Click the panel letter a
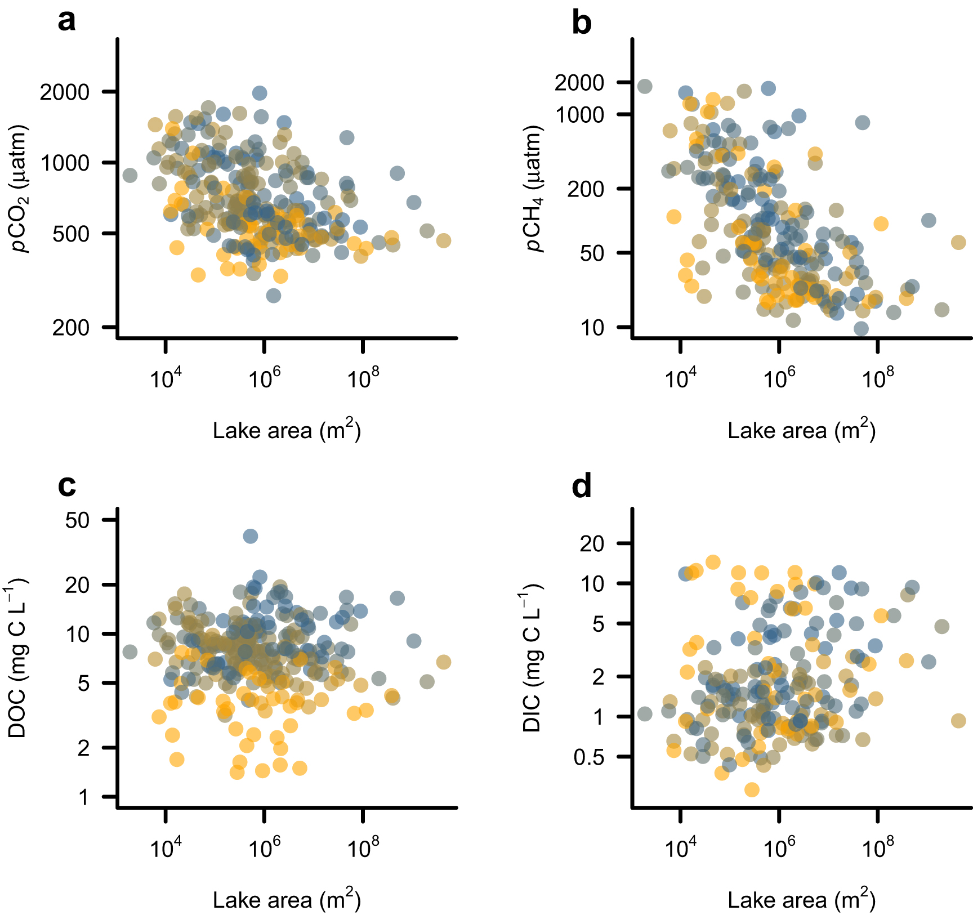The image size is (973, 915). pyautogui.click(x=66, y=21)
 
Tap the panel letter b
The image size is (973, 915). pyautogui.click(x=581, y=24)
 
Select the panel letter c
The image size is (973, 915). pyautogui.click(x=66, y=485)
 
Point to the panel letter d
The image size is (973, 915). pyautogui.click(x=581, y=485)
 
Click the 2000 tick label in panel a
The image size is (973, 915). pyautogui.click(x=65, y=92)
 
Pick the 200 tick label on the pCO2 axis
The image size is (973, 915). pyautogui.click(x=71, y=327)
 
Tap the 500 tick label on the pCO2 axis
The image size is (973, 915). pyautogui.click(x=71, y=234)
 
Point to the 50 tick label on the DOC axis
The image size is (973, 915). pyautogui.click(x=77, y=520)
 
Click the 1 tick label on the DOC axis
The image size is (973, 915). pyautogui.click(x=83, y=797)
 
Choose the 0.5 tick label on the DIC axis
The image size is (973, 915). pyautogui.click(x=588, y=757)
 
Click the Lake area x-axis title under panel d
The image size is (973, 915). pyautogui.click(x=801, y=900)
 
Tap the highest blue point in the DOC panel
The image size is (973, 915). pyautogui.click(x=251, y=536)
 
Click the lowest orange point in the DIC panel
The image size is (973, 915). pyautogui.click(x=752, y=790)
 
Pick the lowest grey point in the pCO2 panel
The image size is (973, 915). pyautogui.click(x=274, y=296)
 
